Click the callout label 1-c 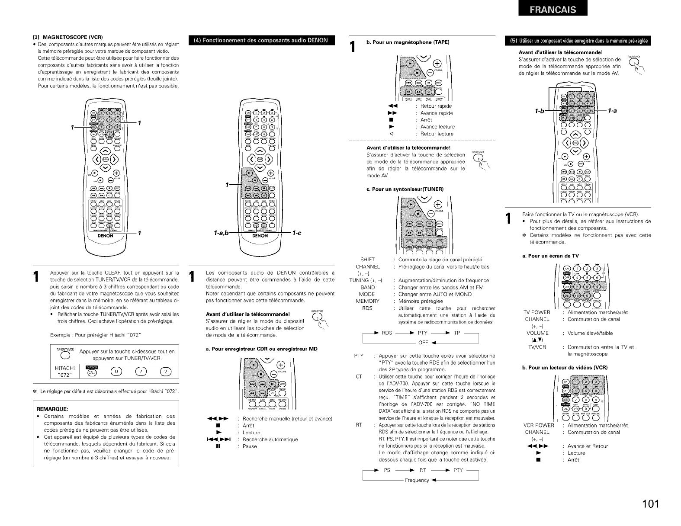pyautogui.click(x=296, y=233)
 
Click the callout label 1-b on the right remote pyautogui.click(x=540, y=111)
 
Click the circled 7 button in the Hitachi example pyautogui.click(x=139, y=372)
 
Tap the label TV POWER pyautogui.click(x=536, y=312)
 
